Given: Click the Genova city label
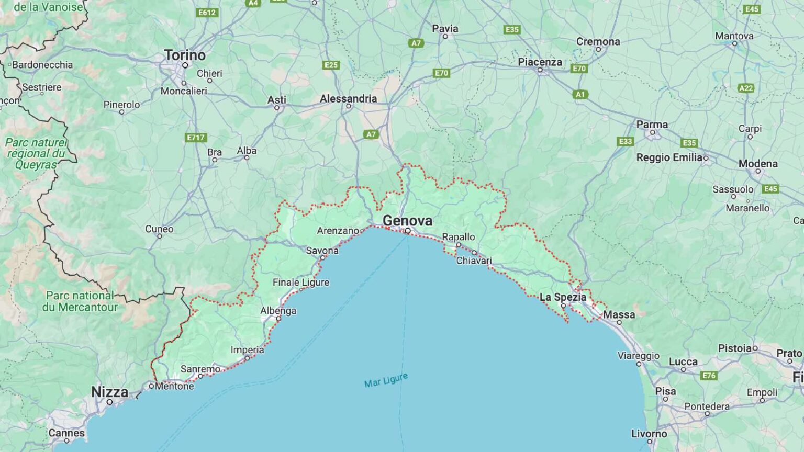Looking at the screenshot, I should point(407,221).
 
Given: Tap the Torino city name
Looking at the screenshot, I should point(185,55).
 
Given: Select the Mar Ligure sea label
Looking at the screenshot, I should point(386,380).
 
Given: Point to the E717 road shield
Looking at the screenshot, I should point(196,138).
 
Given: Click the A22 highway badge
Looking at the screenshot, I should point(746,88).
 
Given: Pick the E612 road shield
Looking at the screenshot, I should point(207,13).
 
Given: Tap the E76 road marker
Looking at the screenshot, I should point(709,376).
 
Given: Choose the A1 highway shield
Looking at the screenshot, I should point(579,95).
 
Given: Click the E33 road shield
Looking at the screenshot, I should point(626,141).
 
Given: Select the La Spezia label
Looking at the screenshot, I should point(563,297).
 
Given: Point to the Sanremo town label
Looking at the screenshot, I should point(200,369).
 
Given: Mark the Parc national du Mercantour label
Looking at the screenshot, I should point(80,301).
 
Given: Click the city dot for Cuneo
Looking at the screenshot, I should point(160,236).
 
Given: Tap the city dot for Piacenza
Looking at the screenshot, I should point(540,70).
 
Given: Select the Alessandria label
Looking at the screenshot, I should point(348,98).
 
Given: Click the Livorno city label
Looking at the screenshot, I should point(649,434).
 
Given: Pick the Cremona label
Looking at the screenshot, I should point(598,41).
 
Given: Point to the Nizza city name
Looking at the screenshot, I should point(109,392).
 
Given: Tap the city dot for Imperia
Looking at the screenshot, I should point(247,358).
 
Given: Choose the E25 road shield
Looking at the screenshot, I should point(331,65).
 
